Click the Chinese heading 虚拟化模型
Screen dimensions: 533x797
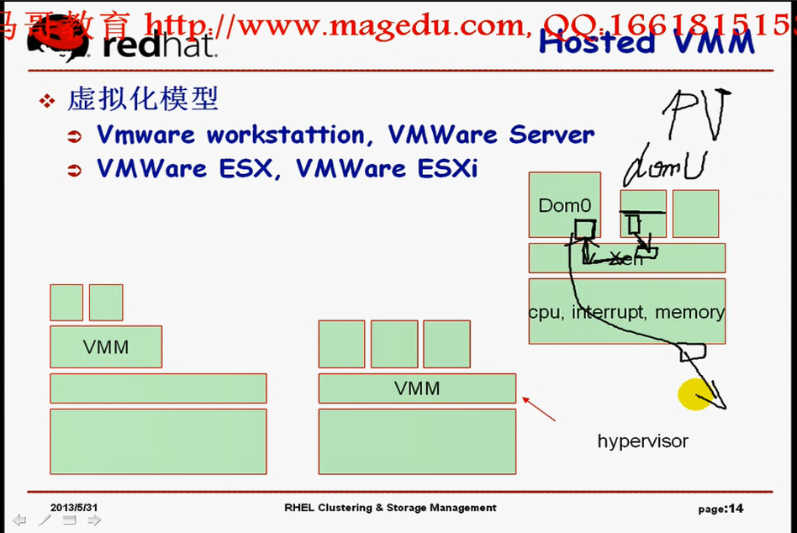(x=143, y=99)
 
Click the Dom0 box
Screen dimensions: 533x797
(x=564, y=204)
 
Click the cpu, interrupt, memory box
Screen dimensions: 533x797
(x=626, y=312)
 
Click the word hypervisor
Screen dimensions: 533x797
(x=642, y=441)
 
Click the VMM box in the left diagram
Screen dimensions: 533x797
(x=106, y=346)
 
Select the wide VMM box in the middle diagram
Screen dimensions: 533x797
(x=417, y=388)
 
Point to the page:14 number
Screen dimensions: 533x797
(x=720, y=508)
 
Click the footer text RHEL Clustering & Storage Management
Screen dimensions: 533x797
(x=390, y=508)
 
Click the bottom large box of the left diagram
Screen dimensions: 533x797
(x=158, y=441)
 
